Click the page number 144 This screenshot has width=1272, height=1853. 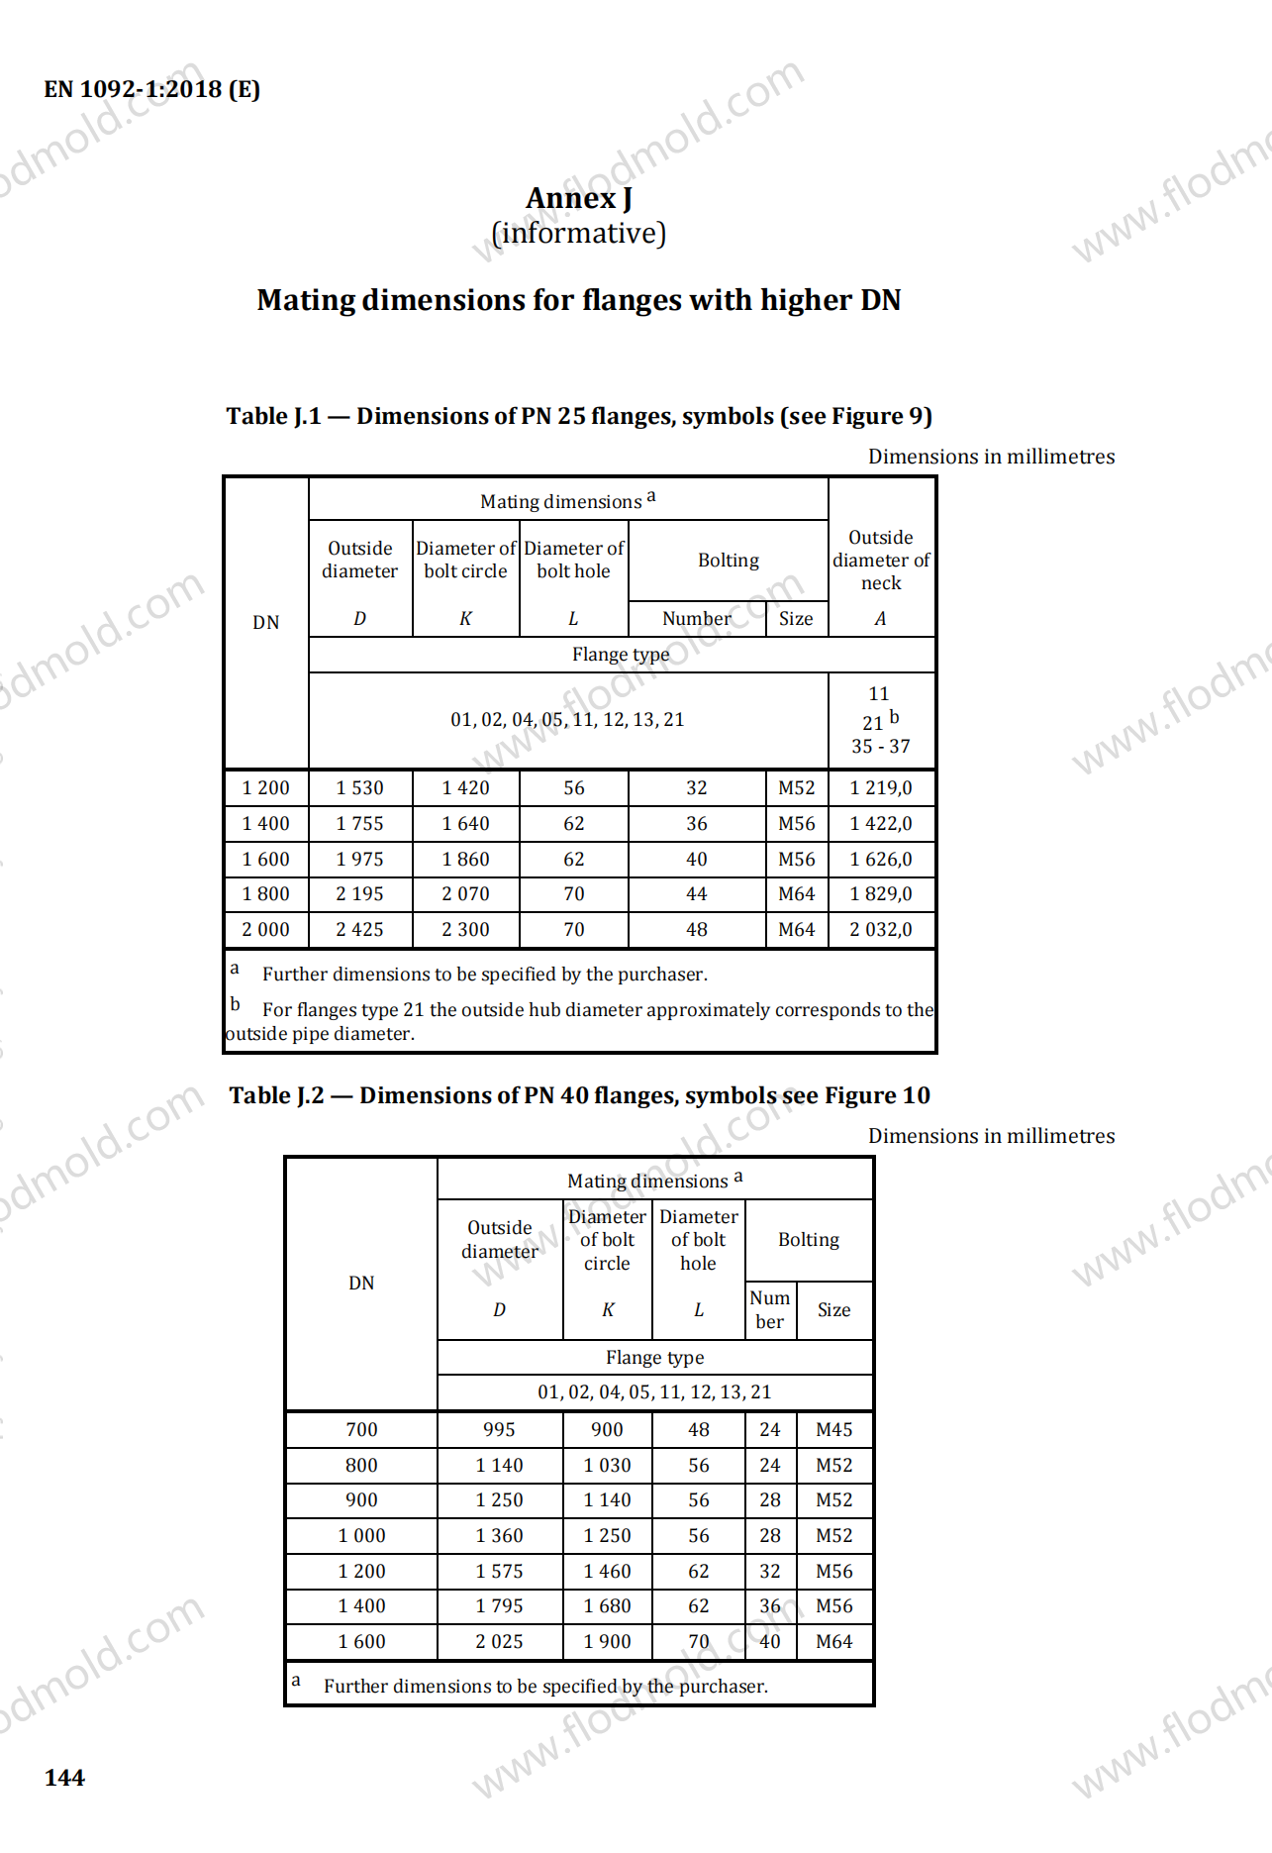(x=64, y=1778)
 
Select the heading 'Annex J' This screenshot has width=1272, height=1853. (x=578, y=198)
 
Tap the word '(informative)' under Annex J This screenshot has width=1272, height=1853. (x=578, y=234)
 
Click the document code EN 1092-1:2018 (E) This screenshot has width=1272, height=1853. (x=151, y=89)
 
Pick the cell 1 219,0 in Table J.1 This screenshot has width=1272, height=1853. (x=880, y=788)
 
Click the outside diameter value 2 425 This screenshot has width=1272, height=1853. (x=359, y=930)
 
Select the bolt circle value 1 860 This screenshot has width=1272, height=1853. (x=465, y=860)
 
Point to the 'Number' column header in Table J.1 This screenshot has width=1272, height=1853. (x=697, y=619)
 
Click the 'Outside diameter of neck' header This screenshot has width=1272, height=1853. (x=880, y=561)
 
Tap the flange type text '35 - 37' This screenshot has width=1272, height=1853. (x=880, y=747)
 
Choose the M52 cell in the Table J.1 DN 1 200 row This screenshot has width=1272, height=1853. (x=796, y=788)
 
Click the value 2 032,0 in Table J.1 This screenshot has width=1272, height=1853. (x=880, y=930)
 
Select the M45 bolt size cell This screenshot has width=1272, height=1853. (x=833, y=1430)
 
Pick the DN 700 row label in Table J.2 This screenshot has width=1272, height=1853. (x=361, y=1430)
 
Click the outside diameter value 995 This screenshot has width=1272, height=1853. (x=499, y=1430)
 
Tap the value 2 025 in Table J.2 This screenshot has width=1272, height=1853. (x=499, y=1642)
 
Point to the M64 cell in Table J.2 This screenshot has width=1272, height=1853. (x=833, y=1642)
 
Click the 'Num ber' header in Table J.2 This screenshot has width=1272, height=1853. (x=769, y=1310)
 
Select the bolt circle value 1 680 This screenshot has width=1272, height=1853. (x=607, y=1606)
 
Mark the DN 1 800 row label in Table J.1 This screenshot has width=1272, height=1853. (x=265, y=894)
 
